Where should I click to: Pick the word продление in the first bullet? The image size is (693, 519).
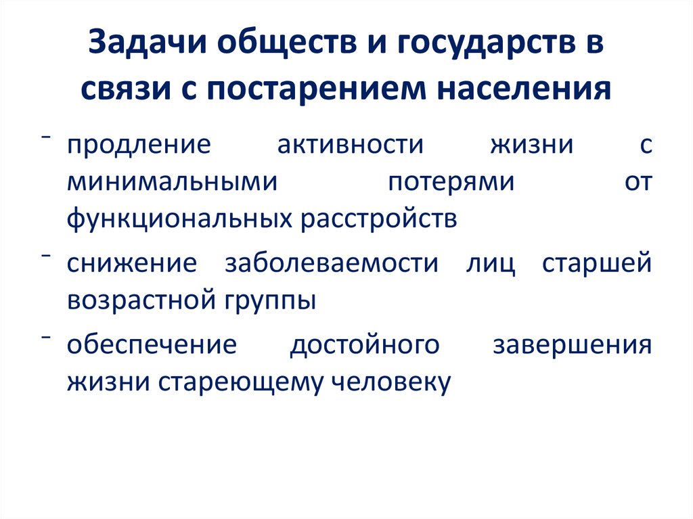[139, 145]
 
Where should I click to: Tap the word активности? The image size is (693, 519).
[349, 145]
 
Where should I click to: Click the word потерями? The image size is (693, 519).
[451, 182]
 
